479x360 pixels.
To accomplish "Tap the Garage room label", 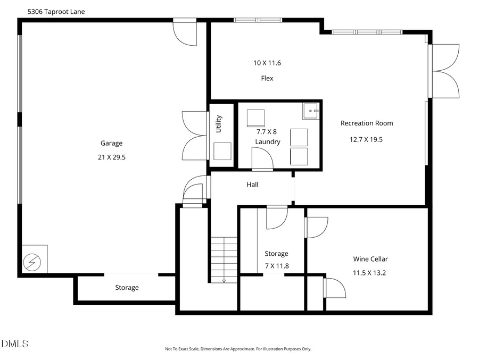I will coord(111,143).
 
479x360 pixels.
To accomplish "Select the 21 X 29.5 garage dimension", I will coord(111,157).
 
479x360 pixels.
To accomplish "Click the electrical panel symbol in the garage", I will coord(31,262).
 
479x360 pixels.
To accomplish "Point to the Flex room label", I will coord(267,78).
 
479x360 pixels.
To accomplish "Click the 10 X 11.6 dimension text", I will coord(267,63).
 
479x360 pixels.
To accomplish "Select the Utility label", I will coord(218,124).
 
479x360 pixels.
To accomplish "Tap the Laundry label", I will coord(267,142).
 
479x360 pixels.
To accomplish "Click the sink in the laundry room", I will coord(311,111).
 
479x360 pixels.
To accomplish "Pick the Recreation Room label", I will coord(367,123).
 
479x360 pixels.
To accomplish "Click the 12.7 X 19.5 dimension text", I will coord(366,139).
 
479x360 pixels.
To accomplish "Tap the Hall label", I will coord(252,185).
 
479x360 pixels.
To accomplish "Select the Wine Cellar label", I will coord(370,259).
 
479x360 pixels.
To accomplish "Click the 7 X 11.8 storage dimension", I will coord(276,266).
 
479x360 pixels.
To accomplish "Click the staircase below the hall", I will coord(224,259).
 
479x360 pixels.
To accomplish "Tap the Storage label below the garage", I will coord(127,288).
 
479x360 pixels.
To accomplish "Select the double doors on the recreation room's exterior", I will coord(446,71).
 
